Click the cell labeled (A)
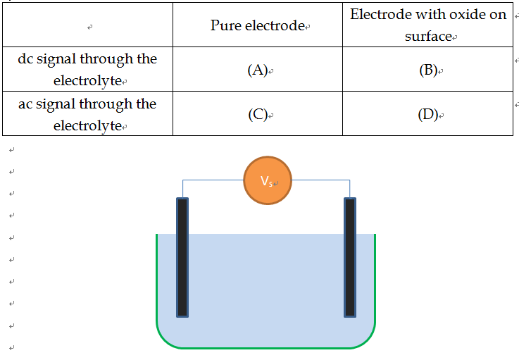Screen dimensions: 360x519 click(258, 70)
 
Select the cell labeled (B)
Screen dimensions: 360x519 click(427, 70)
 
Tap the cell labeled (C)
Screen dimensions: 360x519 click(258, 115)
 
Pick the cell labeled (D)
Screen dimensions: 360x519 click(427, 115)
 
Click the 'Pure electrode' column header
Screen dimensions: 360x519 click(258, 26)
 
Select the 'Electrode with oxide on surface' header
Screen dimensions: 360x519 click(427, 25)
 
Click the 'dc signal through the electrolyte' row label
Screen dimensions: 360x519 click(87, 70)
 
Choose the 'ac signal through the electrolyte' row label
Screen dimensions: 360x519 click(87, 115)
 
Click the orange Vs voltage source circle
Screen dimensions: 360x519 click(268, 180)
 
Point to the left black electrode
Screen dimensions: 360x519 click(182, 257)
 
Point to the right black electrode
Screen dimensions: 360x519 click(350, 257)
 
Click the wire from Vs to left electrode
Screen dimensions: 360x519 click(211, 180)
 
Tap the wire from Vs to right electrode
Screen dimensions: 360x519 click(320, 180)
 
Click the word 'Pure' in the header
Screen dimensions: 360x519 click(225, 26)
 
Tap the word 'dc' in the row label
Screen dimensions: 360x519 click(26, 59)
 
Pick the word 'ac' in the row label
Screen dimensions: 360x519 click(26, 104)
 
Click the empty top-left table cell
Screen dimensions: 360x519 click(87, 26)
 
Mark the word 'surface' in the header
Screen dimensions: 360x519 click(427, 37)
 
